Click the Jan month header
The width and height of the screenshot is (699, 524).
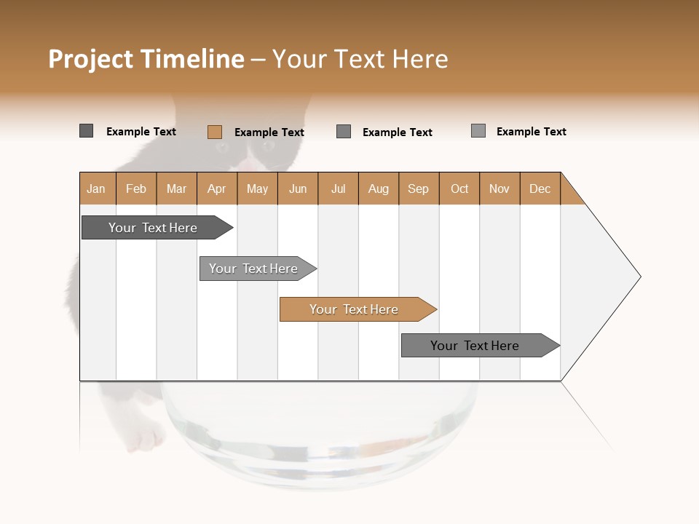coord(96,188)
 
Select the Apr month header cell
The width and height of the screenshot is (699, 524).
coord(216,188)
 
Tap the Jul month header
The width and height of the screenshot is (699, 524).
coord(338,188)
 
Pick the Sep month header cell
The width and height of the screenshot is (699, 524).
coord(418,188)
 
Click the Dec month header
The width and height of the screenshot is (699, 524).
coord(540,188)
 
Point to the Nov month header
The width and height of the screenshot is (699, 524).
coord(499,188)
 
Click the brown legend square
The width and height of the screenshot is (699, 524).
coord(214,132)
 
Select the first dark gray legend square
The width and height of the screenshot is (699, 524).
coord(86,131)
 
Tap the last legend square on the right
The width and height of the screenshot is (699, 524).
coord(478,131)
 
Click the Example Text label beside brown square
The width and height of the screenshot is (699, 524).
coord(269,132)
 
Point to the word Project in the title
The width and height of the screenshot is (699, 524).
coord(92,59)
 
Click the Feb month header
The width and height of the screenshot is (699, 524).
coord(136,188)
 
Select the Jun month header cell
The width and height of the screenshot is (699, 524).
coord(297,188)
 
